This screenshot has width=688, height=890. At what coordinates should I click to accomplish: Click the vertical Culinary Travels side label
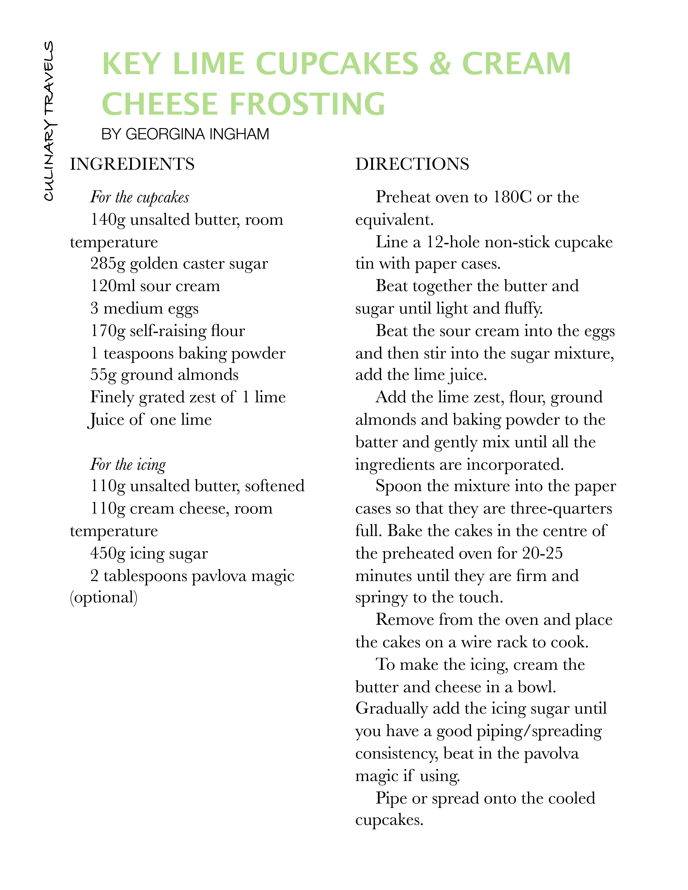pyautogui.click(x=49, y=121)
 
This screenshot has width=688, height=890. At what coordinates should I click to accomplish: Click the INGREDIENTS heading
pyautogui.click(x=132, y=164)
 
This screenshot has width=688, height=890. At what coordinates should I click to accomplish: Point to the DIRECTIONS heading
pyautogui.click(x=412, y=164)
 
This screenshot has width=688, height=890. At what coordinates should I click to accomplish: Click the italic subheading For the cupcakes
pyautogui.click(x=140, y=197)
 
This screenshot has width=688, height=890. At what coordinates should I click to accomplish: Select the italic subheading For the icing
pyautogui.click(x=128, y=464)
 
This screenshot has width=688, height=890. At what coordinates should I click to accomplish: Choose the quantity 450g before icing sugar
pyautogui.click(x=108, y=553)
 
